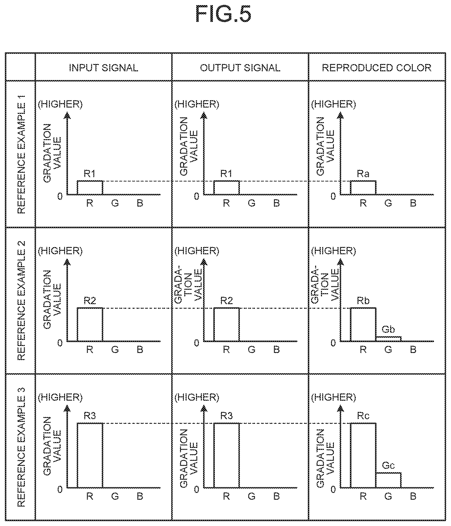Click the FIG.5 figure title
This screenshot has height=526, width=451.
223,14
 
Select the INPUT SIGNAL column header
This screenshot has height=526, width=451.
103,68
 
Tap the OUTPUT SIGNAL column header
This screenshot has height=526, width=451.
240,68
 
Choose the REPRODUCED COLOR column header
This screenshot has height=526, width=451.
376,68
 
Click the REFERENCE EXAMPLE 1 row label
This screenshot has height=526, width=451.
21,154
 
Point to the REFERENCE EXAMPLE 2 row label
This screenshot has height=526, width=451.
21,300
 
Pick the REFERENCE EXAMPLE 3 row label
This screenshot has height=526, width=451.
21,447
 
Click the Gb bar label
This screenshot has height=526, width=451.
388,329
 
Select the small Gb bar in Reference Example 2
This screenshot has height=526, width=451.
388,339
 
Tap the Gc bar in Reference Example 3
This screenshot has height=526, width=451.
388,480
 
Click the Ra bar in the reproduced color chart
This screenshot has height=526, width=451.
363,188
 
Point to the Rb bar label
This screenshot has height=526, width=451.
363,301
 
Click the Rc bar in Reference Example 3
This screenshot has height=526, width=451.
363,455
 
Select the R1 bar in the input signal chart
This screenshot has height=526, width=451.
90,188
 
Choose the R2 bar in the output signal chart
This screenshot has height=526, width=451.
226,325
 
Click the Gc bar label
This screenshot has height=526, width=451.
388,466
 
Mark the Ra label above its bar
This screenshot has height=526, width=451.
363,174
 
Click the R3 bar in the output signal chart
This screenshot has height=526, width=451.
226,455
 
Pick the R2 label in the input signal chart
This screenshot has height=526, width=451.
90,301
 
